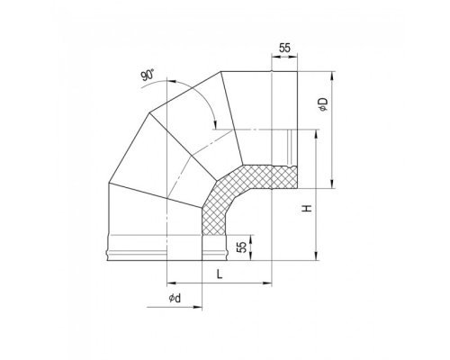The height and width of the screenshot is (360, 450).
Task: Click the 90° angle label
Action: [148, 75]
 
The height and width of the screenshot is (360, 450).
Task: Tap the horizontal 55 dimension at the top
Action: [284, 48]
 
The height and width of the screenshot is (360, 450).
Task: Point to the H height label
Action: [307, 209]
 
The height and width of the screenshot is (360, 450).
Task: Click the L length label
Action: [220, 274]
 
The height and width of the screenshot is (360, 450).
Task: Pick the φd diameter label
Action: [175, 298]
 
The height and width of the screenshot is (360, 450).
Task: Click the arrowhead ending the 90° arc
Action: [215, 124]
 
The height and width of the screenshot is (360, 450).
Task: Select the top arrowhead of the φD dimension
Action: [332, 76]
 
